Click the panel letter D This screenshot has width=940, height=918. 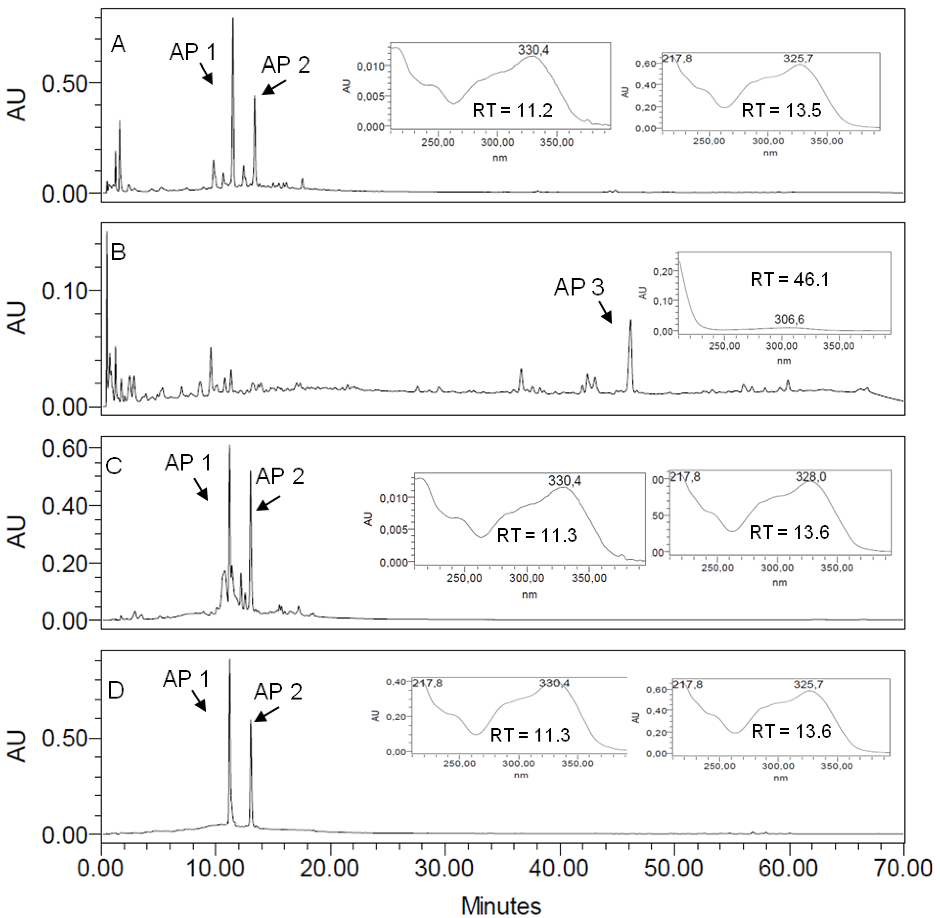(116, 690)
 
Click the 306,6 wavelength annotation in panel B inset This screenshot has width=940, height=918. (789, 319)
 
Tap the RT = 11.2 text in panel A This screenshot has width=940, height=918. (512, 110)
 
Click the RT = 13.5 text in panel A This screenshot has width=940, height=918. (781, 110)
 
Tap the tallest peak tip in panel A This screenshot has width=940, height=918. (233, 18)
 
